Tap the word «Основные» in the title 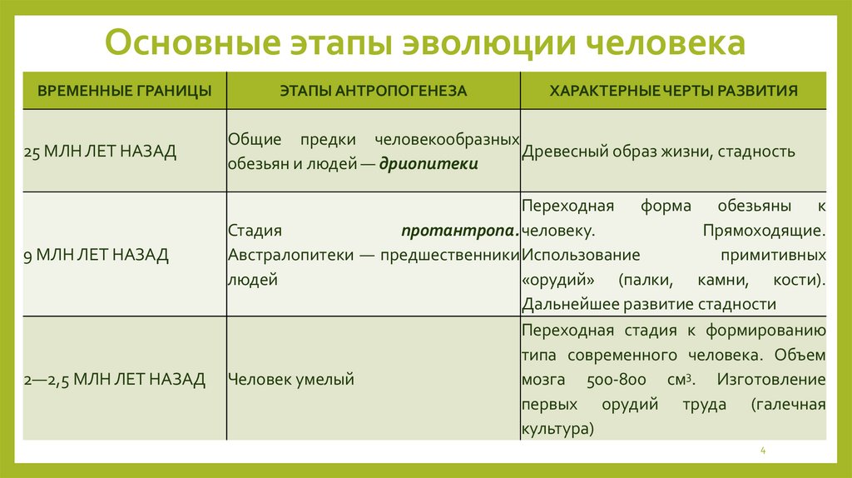[180, 44]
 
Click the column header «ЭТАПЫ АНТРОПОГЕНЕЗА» [374, 91]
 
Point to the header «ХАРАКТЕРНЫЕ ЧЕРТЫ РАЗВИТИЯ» [674, 91]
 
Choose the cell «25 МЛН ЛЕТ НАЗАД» [100, 152]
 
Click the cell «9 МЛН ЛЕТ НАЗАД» [97, 255]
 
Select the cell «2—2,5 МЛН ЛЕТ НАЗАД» [115, 380]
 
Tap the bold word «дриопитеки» [428, 164]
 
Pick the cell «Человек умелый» [291, 380]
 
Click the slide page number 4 [762, 451]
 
